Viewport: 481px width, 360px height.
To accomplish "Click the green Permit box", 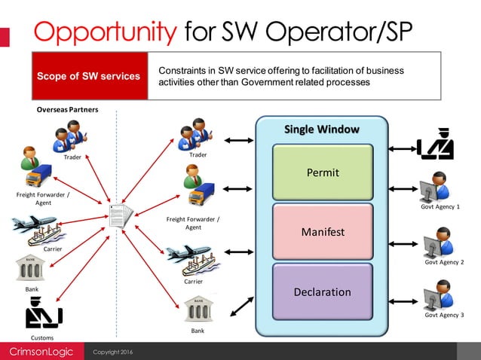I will (x=322, y=172).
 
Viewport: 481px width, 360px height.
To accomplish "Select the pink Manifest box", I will (x=322, y=232).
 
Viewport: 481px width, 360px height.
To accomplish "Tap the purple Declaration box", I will (x=322, y=291).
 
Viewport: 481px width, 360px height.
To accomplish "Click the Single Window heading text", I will (x=321, y=130).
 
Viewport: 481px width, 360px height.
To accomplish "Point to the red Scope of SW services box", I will (x=89, y=76).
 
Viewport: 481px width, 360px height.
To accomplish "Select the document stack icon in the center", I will (x=120, y=218).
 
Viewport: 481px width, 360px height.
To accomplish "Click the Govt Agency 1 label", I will (x=443, y=206).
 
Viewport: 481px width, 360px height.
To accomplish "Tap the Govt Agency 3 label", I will (x=443, y=315).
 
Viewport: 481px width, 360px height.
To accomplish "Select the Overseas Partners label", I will (x=68, y=110).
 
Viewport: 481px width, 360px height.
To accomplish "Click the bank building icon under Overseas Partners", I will (x=30, y=268).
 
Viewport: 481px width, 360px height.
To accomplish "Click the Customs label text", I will (x=41, y=338).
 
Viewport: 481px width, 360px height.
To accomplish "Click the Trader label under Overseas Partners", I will (x=72, y=157).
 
